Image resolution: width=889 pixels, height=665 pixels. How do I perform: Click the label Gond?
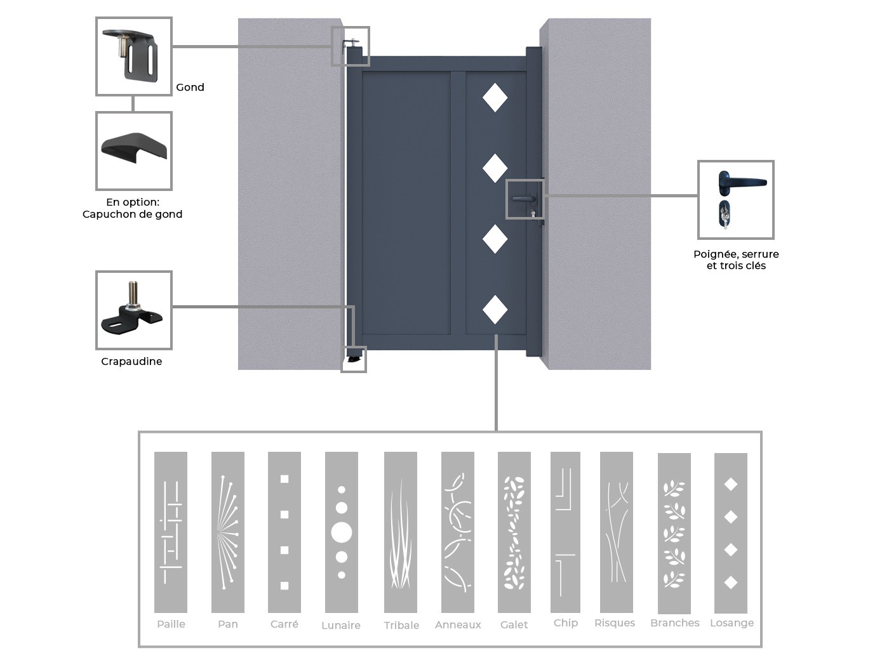(190, 88)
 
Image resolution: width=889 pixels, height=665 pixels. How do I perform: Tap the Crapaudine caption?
(131, 362)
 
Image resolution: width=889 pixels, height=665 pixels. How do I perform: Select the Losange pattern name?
(732, 623)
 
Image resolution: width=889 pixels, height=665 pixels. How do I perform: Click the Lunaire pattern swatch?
(342, 532)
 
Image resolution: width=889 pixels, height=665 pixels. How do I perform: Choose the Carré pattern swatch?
(284, 532)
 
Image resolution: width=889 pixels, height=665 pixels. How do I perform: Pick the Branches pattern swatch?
(674, 533)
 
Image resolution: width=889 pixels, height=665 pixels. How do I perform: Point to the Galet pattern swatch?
(514, 532)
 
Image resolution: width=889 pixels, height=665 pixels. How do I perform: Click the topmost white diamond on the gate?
(495, 98)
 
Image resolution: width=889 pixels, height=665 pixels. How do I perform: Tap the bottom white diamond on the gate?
(495, 310)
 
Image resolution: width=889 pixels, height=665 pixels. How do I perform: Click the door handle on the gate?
(524, 199)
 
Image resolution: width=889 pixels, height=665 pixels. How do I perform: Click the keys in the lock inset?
(725, 215)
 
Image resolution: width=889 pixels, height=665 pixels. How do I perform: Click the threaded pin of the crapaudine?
(133, 294)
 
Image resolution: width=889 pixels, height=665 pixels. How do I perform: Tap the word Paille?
(171, 624)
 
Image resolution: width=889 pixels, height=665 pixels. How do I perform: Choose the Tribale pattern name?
(401, 625)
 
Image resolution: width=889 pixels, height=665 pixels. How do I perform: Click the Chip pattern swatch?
(565, 532)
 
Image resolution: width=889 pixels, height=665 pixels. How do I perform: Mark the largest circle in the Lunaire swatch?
(342, 532)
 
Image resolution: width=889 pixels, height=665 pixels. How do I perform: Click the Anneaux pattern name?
(458, 625)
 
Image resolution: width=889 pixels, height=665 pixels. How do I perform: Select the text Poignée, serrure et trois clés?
(737, 260)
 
